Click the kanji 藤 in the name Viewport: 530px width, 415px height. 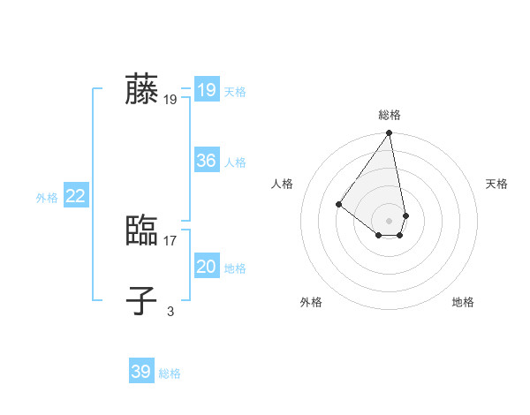[x=141, y=89]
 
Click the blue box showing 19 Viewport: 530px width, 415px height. [x=207, y=90]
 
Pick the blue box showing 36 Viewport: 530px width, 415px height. [x=207, y=161]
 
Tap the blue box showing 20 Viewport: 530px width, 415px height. [x=207, y=267]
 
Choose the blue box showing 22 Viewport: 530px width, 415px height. [x=76, y=196]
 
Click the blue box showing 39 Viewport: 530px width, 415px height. [x=141, y=372]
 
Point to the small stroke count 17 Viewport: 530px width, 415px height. [x=170, y=240]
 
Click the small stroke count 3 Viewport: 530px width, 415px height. [x=170, y=311]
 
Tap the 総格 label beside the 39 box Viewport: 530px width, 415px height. [x=170, y=373]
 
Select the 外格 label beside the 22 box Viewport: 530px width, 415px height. [x=47, y=198]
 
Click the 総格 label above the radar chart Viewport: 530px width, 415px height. [x=390, y=115]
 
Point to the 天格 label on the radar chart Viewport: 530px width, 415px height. [x=496, y=184]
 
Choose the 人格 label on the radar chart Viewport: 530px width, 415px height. [x=283, y=184]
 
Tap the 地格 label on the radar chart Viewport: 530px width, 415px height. [x=463, y=302]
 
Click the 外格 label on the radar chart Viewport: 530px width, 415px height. [x=311, y=302]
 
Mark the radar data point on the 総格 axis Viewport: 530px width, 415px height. [x=390, y=133]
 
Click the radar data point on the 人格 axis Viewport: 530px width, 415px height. [x=338, y=204]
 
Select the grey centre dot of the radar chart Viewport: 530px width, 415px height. [x=390, y=220]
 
